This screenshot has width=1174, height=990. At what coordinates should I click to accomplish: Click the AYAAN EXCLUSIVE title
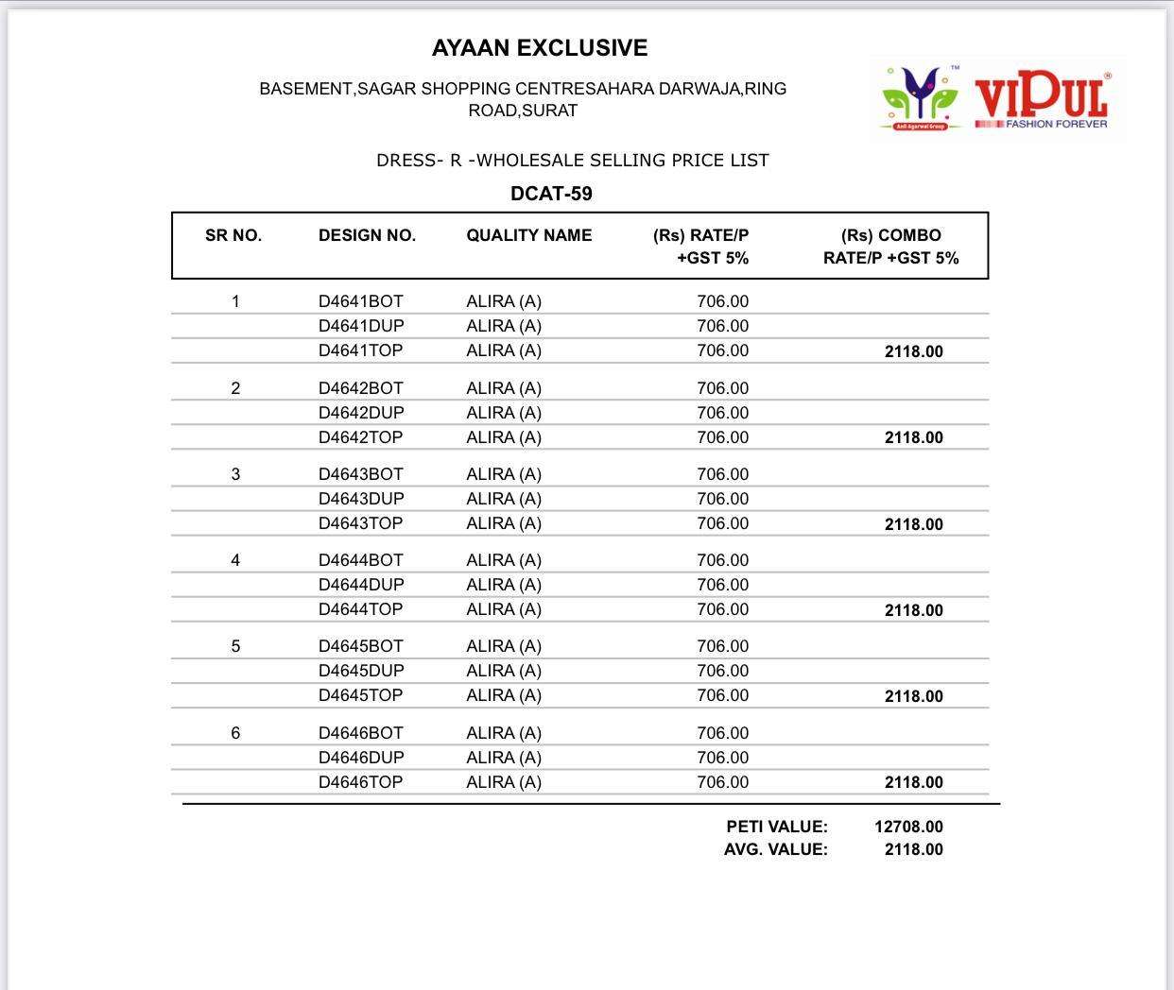(x=540, y=48)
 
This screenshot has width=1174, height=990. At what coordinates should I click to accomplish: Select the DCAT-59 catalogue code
(x=551, y=194)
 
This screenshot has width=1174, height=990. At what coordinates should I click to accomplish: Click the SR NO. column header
(x=233, y=236)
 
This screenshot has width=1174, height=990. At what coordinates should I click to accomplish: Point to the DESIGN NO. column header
(x=367, y=236)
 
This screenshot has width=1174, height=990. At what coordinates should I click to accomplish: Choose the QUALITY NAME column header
(x=528, y=236)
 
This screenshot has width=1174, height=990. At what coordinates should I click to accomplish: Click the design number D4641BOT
(x=360, y=301)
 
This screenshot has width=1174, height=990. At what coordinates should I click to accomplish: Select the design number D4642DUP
(x=360, y=413)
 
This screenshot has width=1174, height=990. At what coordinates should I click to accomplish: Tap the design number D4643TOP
(x=360, y=523)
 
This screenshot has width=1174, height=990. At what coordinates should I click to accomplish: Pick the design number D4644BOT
(x=360, y=560)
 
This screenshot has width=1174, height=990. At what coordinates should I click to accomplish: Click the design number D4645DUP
(x=360, y=671)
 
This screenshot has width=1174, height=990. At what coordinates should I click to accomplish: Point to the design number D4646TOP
(x=360, y=782)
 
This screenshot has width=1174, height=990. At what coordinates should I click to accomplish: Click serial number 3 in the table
(x=235, y=474)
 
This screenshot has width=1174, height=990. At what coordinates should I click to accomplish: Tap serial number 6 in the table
(x=235, y=733)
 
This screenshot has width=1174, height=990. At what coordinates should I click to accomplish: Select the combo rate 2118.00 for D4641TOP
(x=913, y=351)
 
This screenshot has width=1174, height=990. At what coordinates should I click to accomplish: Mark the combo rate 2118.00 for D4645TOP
(x=913, y=696)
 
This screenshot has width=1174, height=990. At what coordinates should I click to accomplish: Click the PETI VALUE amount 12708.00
(x=908, y=827)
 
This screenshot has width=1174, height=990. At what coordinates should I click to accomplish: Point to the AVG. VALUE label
(x=775, y=849)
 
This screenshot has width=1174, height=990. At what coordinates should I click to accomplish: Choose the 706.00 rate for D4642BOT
(x=722, y=388)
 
